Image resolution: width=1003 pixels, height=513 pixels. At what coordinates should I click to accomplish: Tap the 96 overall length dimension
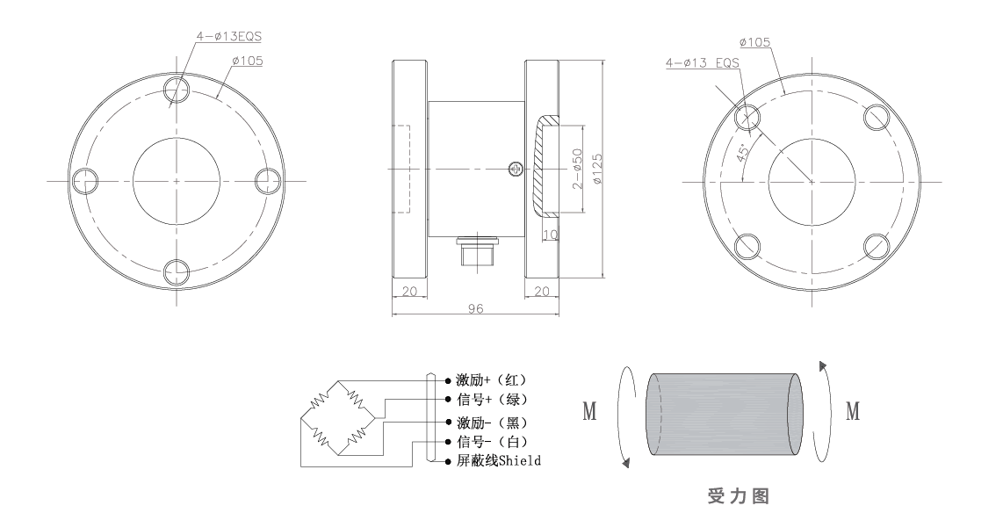[x=475, y=309]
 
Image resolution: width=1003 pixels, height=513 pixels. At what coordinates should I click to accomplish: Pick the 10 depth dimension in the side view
[x=551, y=235]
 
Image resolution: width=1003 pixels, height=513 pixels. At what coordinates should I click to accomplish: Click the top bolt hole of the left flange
[x=177, y=90]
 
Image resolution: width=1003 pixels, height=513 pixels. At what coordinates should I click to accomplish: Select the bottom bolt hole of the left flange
[x=177, y=271]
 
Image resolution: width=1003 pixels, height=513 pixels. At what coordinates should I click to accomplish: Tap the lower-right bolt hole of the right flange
[x=877, y=245]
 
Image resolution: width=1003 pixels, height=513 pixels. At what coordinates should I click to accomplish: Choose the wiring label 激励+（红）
[x=491, y=380]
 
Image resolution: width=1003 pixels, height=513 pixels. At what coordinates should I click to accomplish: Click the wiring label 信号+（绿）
[x=491, y=400]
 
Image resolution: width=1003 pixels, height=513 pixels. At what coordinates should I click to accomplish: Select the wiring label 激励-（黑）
[x=491, y=422]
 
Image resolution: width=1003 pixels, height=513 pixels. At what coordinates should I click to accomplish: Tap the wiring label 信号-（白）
[x=491, y=441]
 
